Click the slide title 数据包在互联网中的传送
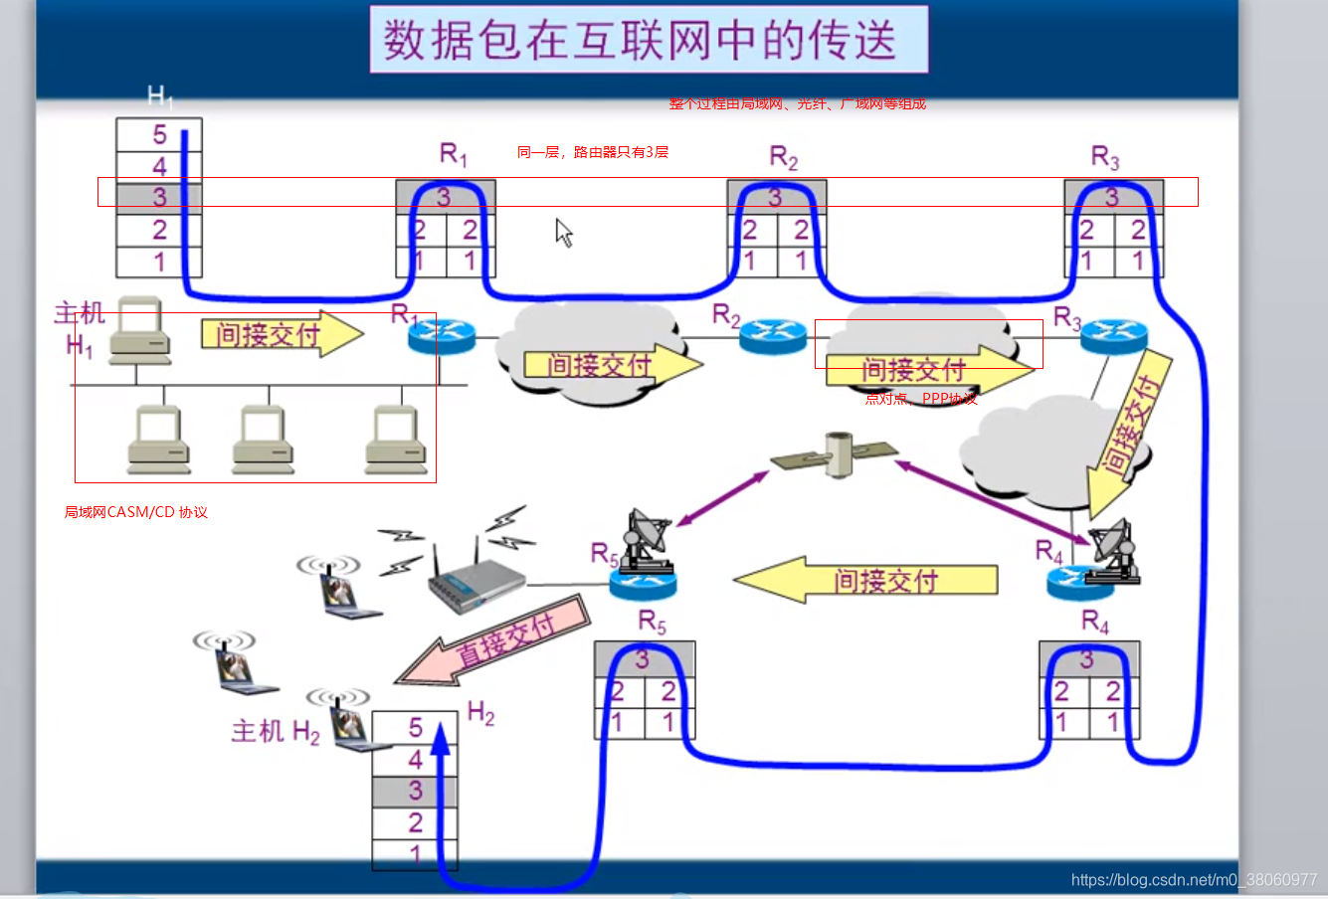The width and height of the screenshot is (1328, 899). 648,40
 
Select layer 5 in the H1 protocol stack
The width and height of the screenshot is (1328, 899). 159,134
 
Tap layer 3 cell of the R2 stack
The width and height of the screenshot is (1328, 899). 776,197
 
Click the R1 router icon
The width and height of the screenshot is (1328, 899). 442,336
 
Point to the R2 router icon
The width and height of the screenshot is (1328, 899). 772,336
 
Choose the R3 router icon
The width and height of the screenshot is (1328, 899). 1113,337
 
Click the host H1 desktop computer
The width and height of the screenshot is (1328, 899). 139,328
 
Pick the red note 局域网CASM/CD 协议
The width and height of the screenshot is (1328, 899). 136,512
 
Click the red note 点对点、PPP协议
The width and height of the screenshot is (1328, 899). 921,399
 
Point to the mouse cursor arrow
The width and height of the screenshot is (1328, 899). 563,232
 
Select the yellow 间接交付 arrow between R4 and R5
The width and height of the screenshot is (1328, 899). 865,580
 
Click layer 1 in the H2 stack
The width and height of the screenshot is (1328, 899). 415,853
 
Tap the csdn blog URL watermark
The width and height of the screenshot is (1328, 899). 1194,880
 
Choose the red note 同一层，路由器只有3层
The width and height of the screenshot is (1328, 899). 593,152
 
